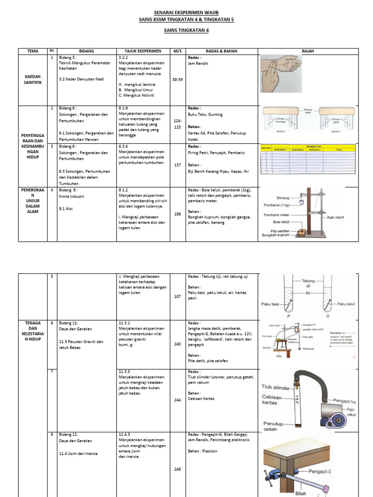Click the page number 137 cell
coord(177,165)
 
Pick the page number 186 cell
coord(177,214)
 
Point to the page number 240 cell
coord(177,344)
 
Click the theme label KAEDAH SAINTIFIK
coord(33,80)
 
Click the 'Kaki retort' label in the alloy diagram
coord(336,217)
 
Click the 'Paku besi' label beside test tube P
coord(271,304)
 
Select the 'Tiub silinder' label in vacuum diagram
coord(276,387)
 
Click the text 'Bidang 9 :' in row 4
coord(69,190)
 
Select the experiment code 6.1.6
coord(123,108)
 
